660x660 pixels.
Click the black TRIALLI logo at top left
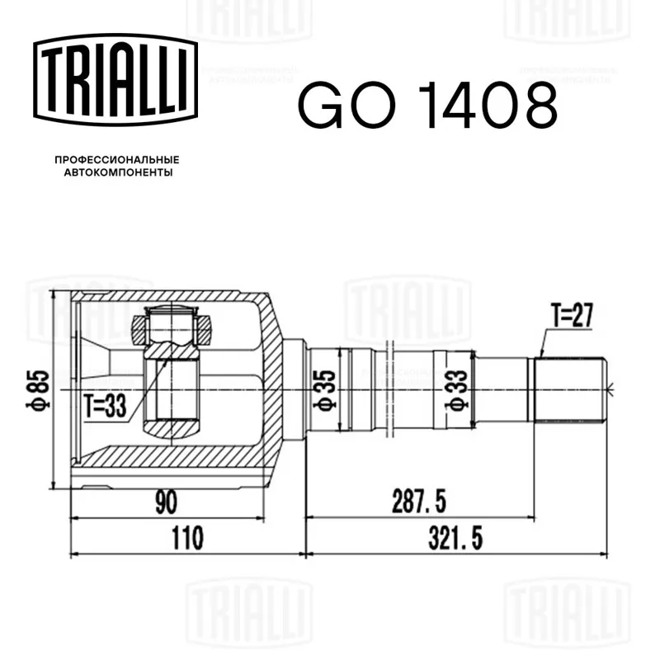point(115,80)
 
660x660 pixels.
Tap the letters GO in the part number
point(346,106)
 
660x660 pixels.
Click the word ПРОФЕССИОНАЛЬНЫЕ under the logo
point(117,160)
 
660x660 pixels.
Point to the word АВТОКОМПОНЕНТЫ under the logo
point(118,172)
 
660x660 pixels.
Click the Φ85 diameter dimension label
point(38,389)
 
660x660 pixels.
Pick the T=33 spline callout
point(106,406)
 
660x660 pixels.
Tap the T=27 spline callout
point(572,315)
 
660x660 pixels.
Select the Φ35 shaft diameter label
point(325,389)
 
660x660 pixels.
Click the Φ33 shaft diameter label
point(457,389)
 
